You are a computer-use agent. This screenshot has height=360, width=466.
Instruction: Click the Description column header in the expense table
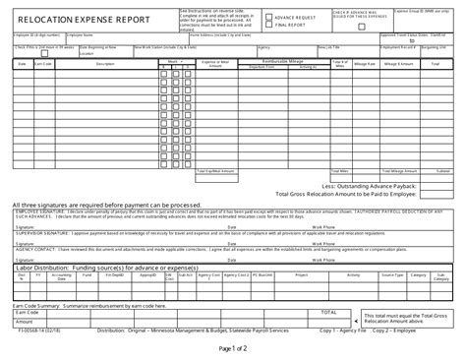tap(106, 64)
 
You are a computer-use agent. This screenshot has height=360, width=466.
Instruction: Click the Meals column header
tap(173, 60)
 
